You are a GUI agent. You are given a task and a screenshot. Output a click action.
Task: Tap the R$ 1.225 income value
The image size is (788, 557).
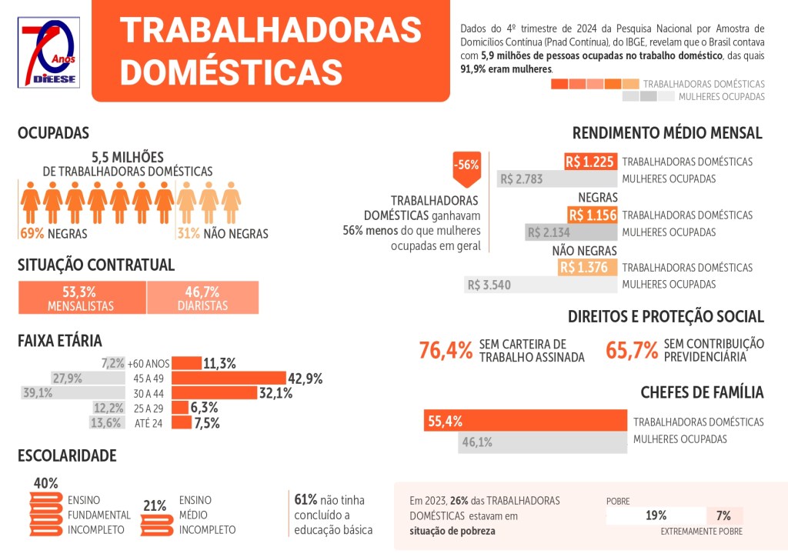click(x=591, y=162)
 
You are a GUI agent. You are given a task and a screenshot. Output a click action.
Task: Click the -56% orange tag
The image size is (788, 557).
click(x=466, y=166)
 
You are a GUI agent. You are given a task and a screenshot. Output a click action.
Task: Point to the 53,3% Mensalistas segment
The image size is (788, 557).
click(x=82, y=298)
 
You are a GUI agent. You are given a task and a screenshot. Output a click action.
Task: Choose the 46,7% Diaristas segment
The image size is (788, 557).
click(x=202, y=298)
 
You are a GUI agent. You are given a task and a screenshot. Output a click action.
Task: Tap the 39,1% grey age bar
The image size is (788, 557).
click(x=72, y=392)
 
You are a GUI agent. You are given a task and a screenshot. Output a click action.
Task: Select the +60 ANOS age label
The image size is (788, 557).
click(x=148, y=363)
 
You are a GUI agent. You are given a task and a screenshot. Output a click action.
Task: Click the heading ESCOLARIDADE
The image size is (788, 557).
click(x=67, y=455)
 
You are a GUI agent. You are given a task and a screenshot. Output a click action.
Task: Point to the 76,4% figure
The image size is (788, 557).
click(x=446, y=350)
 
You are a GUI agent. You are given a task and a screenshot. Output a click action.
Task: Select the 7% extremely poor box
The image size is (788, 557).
click(x=724, y=515)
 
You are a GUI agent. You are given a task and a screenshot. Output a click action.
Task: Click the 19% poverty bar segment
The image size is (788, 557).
click(x=656, y=515)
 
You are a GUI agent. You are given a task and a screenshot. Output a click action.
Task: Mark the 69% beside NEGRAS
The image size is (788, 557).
click(x=31, y=233)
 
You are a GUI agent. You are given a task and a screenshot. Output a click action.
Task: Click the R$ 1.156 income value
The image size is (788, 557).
click(x=593, y=215)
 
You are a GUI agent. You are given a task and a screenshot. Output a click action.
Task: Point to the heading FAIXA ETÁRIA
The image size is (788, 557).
click(x=60, y=340)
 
